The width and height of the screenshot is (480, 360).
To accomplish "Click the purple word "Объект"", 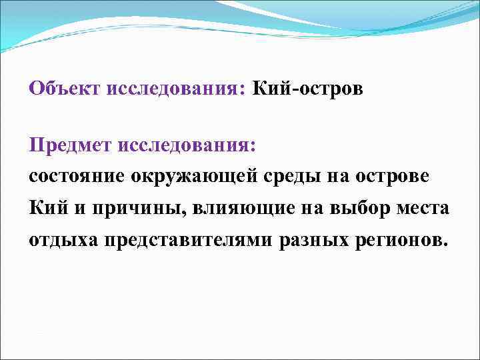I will pos(64,89).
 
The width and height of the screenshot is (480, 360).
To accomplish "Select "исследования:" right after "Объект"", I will pos(176,89).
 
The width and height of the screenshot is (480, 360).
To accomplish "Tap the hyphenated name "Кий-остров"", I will pos(307,89).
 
